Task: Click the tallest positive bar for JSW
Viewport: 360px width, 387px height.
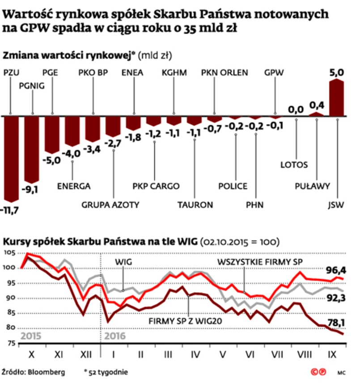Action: coord(336,98)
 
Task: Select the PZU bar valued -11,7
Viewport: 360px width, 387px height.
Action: coord(11,159)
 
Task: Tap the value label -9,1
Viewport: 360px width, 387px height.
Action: coord(30,189)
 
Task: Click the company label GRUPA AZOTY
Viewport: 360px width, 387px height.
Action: coord(110,205)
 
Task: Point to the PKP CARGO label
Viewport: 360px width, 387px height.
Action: coord(156,186)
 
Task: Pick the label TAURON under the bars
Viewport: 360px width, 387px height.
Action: coord(195,205)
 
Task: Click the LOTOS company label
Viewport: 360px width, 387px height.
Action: coord(294,164)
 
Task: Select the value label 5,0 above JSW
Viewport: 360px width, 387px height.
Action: coord(336,72)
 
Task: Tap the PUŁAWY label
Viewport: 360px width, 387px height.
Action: coord(313,186)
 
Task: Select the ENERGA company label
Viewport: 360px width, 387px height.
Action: coord(74,186)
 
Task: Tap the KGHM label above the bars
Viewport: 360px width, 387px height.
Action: coord(174,73)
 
